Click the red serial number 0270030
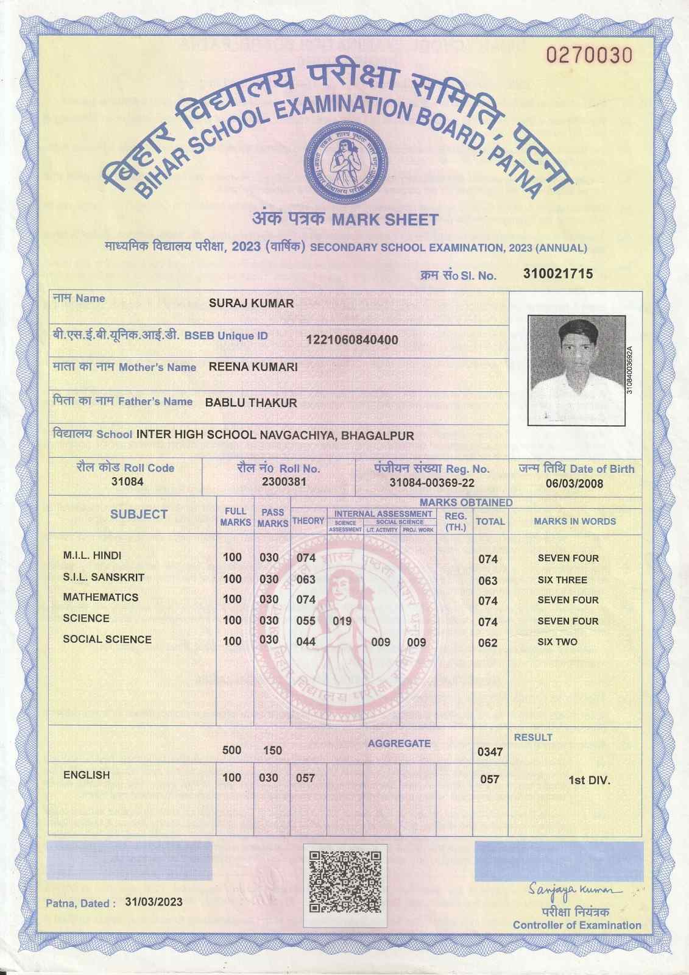click(588, 55)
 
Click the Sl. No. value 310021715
click(557, 274)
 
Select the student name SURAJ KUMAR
click(251, 303)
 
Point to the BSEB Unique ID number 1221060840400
click(352, 340)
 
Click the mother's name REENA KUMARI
click(253, 367)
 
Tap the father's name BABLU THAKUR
click(251, 402)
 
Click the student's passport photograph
click(576, 370)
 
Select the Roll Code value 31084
click(127, 482)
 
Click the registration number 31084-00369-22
click(431, 483)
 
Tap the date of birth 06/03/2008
click(574, 484)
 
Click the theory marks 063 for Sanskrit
click(306, 579)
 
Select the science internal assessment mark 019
click(342, 621)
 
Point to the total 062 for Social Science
click(487, 642)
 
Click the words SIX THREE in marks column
click(562, 580)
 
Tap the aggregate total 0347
click(490, 752)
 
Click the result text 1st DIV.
click(588, 780)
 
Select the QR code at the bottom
click(345, 878)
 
